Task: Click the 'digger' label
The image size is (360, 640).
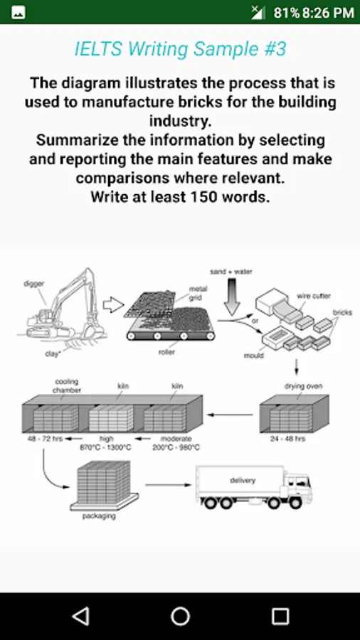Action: (34, 284)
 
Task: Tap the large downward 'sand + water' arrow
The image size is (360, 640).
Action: (231, 297)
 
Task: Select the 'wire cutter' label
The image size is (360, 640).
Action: (314, 296)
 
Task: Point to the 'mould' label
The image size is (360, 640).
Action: (255, 356)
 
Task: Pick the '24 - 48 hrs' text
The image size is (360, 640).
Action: (287, 439)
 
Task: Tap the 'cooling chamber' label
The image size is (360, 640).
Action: (67, 385)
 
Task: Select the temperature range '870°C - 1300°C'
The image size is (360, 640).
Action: (106, 447)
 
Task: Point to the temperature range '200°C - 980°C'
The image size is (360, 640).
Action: (176, 447)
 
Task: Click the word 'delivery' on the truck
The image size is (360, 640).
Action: (243, 480)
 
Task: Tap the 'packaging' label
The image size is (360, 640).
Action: (99, 516)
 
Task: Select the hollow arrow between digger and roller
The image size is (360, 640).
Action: (113, 305)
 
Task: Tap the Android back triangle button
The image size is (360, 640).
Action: (81, 616)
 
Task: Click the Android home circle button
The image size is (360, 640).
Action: (180, 616)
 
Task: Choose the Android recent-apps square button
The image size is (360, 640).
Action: (280, 616)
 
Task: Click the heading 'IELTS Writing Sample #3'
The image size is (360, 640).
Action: (180, 49)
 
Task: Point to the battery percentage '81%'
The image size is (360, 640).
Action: (287, 13)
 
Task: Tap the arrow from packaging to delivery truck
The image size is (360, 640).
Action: (168, 485)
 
